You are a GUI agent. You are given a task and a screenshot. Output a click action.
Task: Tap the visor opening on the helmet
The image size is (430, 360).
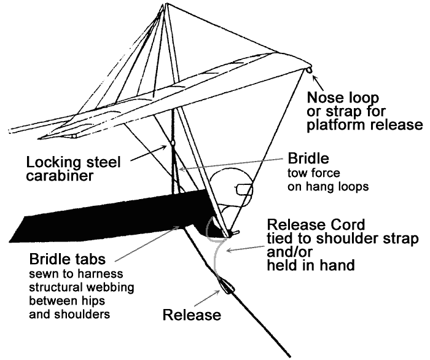(x=243, y=189)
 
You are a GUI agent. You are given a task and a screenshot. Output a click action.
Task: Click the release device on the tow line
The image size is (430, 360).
(x=224, y=286)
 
